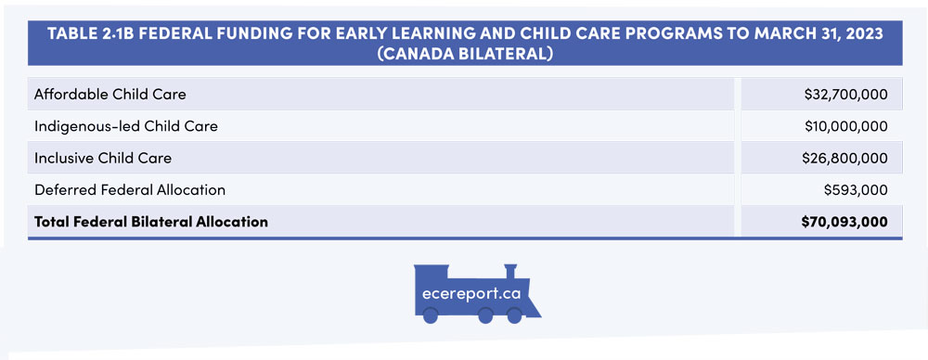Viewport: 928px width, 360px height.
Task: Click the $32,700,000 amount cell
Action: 845,94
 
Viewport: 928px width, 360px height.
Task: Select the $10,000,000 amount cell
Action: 845,126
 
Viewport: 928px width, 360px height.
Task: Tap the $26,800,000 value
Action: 845,158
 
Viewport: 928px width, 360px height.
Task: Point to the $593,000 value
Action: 856,189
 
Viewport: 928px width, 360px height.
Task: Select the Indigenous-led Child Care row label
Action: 126,126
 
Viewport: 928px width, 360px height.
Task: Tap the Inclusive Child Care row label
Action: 103,158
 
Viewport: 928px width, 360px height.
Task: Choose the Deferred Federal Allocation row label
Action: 130,189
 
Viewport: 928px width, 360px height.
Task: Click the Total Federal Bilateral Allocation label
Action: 151,222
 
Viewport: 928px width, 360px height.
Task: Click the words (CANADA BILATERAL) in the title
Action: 465,53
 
